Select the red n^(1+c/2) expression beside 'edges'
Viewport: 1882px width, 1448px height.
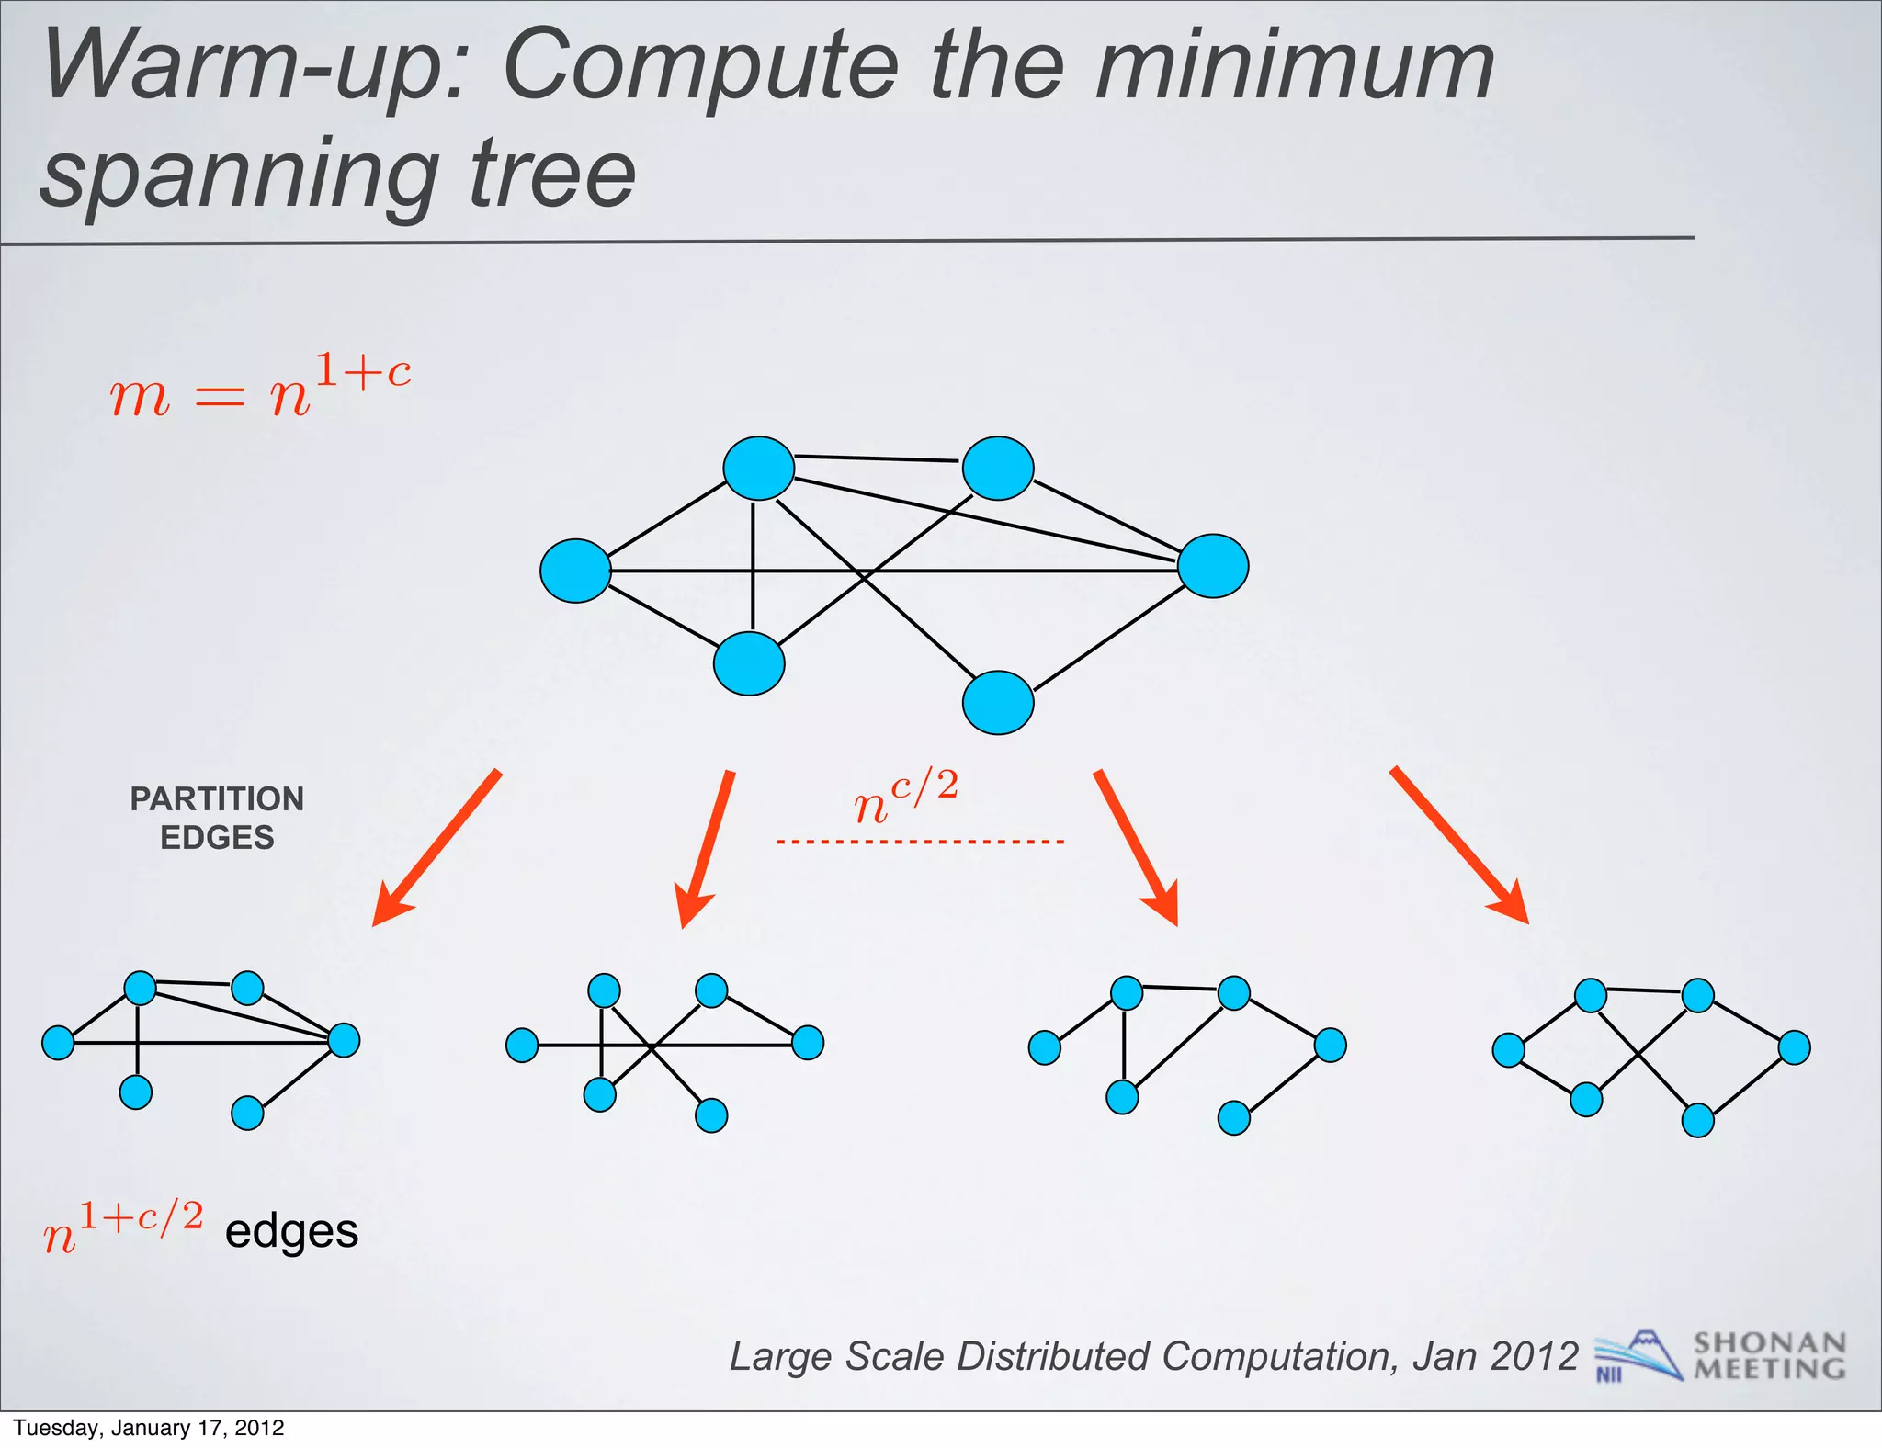coord(123,1228)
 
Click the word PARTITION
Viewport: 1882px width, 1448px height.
coord(217,799)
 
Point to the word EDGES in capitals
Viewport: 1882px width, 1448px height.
coord(217,838)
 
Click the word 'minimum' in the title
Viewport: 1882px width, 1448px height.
coord(1294,67)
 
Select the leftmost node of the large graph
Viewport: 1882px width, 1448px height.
coord(575,571)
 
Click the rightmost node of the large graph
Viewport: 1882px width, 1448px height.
coord(1213,566)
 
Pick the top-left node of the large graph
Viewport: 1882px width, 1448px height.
coord(758,469)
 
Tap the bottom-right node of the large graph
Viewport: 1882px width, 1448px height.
coord(998,703)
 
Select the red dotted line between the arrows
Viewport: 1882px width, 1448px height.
coord(920,842)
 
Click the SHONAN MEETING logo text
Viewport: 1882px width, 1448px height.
coord(1769,1356)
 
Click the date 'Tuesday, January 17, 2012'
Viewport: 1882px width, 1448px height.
coord(149,1428)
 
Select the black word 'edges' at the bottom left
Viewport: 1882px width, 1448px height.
coord(291,1231)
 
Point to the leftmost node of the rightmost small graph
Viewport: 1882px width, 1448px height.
coord(1508,1050)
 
